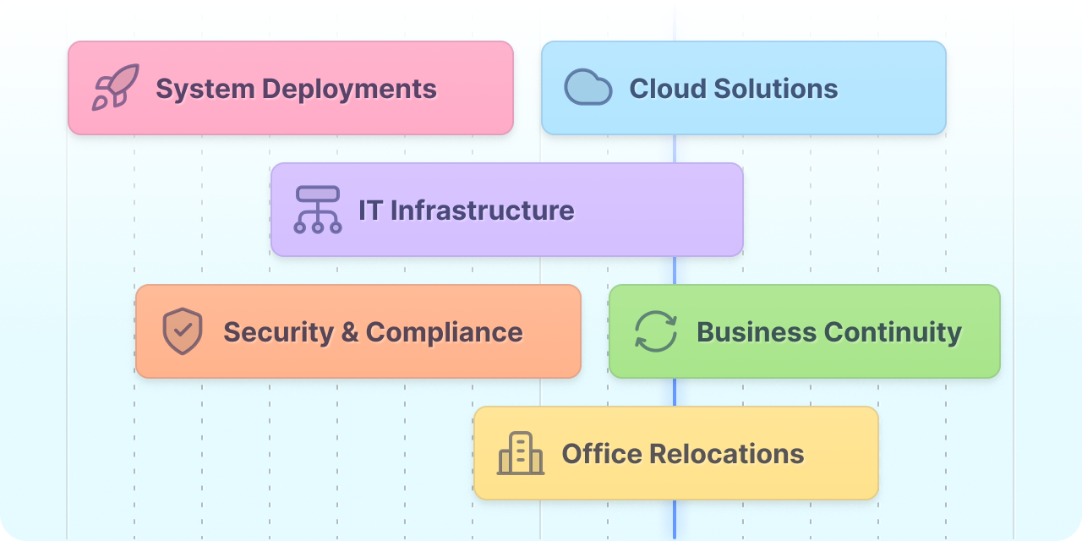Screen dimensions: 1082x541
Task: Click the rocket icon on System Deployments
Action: tap(116, 87)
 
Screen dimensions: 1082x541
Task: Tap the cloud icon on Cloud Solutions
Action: tap(588, 87)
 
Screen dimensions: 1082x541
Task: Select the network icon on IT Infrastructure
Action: tap(318, 210)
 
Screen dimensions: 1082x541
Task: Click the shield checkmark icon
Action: tap(183, 331)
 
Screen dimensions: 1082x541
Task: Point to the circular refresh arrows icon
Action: tap(655, 331)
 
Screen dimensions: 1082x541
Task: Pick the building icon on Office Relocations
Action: tap(521, 453)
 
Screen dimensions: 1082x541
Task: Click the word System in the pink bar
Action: tap(205, 90)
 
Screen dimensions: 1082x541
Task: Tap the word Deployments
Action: tap(349, 90)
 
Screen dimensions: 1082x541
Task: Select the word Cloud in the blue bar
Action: tap(668, 89)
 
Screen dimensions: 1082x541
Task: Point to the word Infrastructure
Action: tap(482, 210)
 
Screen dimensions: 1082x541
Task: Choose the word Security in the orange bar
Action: tap(279, 332)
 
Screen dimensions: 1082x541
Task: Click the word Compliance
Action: tap(445, 332)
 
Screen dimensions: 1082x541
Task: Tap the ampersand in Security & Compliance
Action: tap(350, 332)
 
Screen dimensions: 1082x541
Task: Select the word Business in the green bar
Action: tap(757, 332)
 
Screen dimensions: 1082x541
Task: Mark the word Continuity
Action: tap(893, 332)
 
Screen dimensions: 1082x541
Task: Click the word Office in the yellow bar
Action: tap(602, 454)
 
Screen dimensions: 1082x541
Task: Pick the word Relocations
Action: tap(727, 454)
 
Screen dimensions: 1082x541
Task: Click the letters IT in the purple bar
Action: tap(370, 210)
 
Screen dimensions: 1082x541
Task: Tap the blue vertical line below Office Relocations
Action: tap(675, 520)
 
